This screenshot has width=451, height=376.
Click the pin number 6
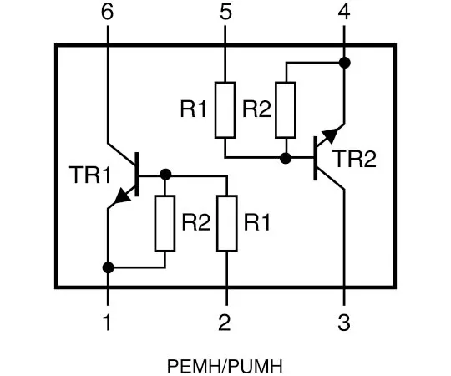coord(107,13)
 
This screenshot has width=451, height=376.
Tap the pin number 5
coord(225,13)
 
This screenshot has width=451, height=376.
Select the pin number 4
coord(344,13)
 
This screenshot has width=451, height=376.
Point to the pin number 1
coord(107,321)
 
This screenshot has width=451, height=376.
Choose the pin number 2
coord(225,321)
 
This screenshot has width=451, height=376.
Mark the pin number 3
coord(344,321)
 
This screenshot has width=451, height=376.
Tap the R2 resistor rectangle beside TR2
coord(286,109)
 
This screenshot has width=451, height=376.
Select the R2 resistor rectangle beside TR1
coord(165,223)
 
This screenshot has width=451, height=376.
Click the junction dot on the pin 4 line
coord(344,63)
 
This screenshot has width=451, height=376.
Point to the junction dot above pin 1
coord(107,268)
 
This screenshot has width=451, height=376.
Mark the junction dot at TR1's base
coord(165,175)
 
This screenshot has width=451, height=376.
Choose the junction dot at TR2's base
coord(286,157)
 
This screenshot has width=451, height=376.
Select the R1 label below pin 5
coord(193,109)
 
